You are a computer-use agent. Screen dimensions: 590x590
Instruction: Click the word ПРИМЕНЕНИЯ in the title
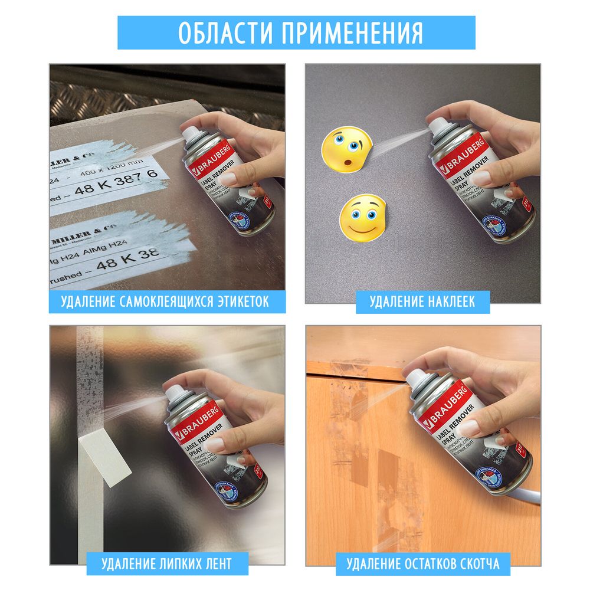[352, 32]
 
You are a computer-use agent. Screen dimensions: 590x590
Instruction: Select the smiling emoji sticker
[361, 217]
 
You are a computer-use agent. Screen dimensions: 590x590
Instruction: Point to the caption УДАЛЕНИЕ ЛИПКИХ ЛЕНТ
[167, 563]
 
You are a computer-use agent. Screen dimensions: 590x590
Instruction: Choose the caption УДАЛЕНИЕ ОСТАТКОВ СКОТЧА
[423, 563]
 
